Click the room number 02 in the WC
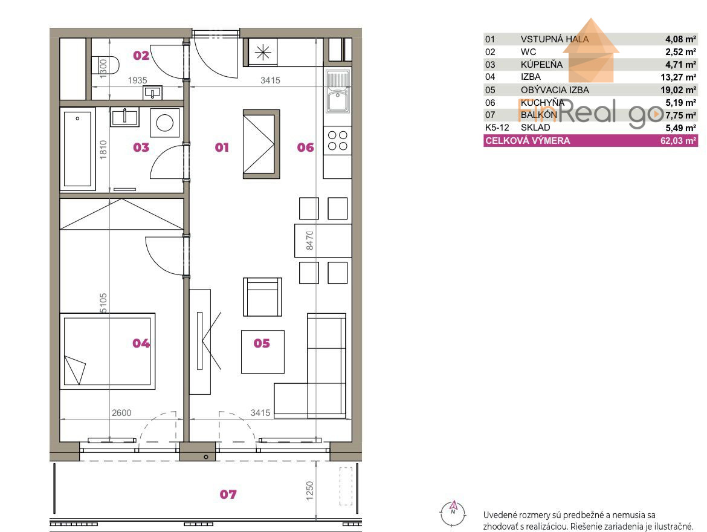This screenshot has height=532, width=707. pos(141,56)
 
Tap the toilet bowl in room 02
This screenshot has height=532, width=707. pos(106,65)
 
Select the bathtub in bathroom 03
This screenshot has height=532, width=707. pos(77,149)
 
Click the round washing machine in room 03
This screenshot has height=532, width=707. pos(164,123)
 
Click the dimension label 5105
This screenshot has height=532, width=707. pos(103,303)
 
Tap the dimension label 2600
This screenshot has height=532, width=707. pos(121,413)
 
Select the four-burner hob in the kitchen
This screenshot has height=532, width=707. pos(337,140)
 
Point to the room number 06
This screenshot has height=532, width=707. pos(305,147)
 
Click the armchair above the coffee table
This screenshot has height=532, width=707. pos(262,297)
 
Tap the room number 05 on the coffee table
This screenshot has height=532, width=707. pos(262,343)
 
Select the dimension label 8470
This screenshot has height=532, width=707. pos(309,241)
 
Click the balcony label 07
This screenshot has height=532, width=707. pos(228,495)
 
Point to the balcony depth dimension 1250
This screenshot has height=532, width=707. pos(309,490)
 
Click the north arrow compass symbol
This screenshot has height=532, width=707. pos(453,513)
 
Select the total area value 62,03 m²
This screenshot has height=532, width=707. pos(678,141)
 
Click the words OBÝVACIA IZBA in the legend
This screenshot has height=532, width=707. pos(555,90)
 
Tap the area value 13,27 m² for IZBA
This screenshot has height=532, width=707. pos(678,77)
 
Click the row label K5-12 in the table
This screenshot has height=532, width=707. pos(497,128)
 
